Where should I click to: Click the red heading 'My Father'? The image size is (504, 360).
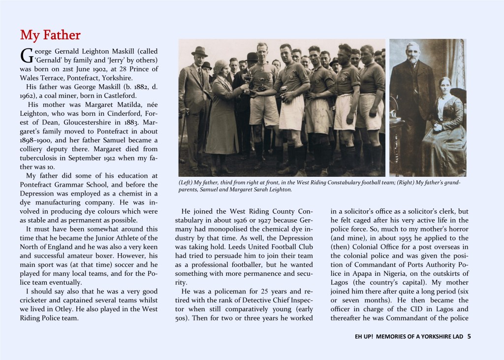coord(50,35)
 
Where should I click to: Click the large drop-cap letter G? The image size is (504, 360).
coord(27,56)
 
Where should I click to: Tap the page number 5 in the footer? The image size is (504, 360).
coord(469,337)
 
